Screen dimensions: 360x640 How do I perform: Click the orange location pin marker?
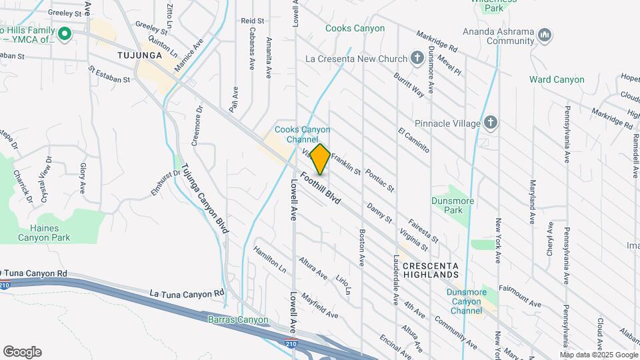point(321,159)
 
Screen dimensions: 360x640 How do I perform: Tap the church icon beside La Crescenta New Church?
point(417,58)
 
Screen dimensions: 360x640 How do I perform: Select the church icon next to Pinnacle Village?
point(491,123)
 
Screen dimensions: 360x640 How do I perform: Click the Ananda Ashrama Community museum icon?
point(544,33)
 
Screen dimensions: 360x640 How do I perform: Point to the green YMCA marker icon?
point(65,33)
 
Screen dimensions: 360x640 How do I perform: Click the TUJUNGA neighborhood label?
point(139,55)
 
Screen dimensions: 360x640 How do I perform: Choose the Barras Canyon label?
point(238,320)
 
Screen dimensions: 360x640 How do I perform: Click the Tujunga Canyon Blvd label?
point(205,198)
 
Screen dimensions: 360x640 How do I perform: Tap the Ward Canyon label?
point(557,79)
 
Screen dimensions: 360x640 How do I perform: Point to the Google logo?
point(22,352)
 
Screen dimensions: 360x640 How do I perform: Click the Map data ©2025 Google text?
point(599,355)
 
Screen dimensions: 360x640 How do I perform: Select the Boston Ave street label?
point(363,245)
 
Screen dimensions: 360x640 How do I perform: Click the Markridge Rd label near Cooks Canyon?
point(437,41)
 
